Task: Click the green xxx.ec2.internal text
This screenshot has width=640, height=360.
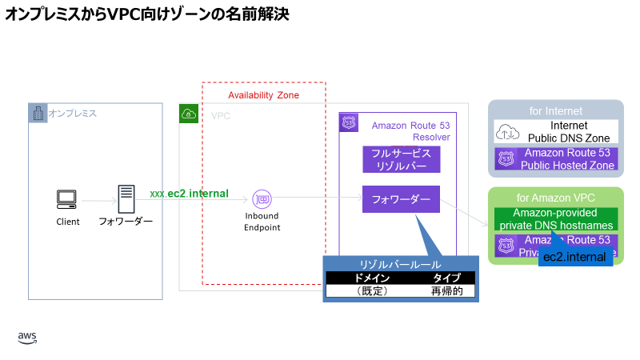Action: point(189,194)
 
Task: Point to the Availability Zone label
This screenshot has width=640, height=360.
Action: point(263,95)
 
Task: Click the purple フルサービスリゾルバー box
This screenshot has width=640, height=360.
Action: point(401,159)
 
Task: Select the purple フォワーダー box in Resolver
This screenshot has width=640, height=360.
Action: point(401,199)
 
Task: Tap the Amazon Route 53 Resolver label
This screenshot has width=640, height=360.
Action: point(410,131)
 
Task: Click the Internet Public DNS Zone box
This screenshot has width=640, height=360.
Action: point(557,131)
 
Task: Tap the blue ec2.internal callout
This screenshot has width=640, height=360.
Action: point(574,257)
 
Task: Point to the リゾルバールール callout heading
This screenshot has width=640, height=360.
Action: point(400,264)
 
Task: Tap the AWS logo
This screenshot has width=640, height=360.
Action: point(27,338)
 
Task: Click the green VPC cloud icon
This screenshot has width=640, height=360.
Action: point(189,114)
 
